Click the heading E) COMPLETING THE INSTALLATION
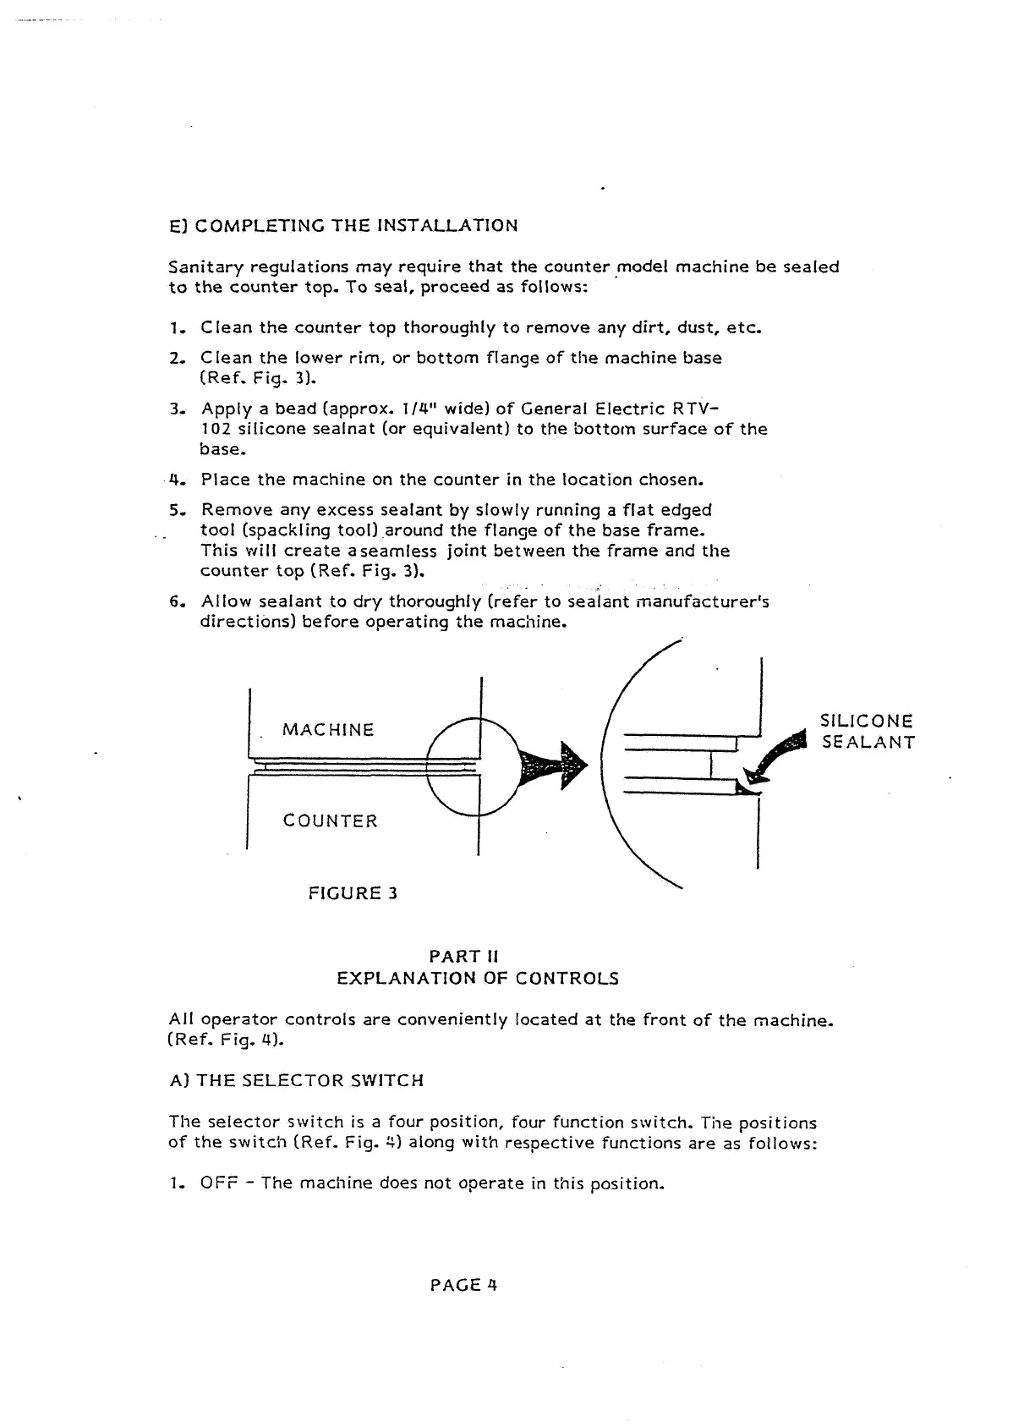pyautogui.click(x=343, y=226)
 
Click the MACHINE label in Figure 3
pyautogui.click(x=328, y=730)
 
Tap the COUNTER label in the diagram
pyautogui.click(x=330, y=821)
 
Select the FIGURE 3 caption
pyautogui.click(x=353, y=893)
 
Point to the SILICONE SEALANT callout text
pyautogui.click(x=868, y=732)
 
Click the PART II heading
pyautogui.click(x=464, y=957)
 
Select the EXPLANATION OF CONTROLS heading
pyautogui.click(x=478, y=979)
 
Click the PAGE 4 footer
pyautogui.click(x=463, y=1285)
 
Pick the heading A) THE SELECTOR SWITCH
pyautogui.click(x=296, y=1081)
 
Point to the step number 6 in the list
pyautogui.click(x=175, y=602)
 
